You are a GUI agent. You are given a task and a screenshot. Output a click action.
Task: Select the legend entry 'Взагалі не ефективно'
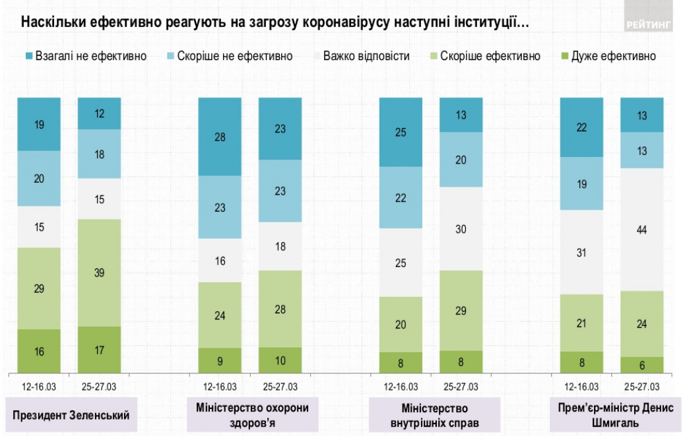click(85, 56)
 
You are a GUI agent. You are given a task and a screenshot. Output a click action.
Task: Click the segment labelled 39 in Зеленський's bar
click(99, 272)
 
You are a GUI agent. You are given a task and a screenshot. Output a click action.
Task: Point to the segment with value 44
click(642, 229)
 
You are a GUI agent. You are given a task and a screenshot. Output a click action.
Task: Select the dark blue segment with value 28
click(220, 137)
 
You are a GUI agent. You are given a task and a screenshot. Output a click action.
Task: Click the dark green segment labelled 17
click(99, 350)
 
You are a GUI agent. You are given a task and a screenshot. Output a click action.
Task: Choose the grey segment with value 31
click(581, 252)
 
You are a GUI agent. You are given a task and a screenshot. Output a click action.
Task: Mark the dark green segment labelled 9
click(220, 360)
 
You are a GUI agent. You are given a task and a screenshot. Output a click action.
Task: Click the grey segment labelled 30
click(461, 228)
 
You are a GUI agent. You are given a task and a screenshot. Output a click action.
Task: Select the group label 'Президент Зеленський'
click(71, 415)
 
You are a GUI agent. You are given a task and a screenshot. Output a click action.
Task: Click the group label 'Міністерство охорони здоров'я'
click(252, 415)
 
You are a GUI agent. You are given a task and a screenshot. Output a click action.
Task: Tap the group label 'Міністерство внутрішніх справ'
click(433, 415)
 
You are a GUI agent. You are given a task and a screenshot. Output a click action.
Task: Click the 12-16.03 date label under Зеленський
click(39, 387)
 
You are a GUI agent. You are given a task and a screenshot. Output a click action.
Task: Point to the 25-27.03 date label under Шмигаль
click(642, 387)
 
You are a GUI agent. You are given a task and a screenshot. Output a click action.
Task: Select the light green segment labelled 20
click(401, 324)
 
